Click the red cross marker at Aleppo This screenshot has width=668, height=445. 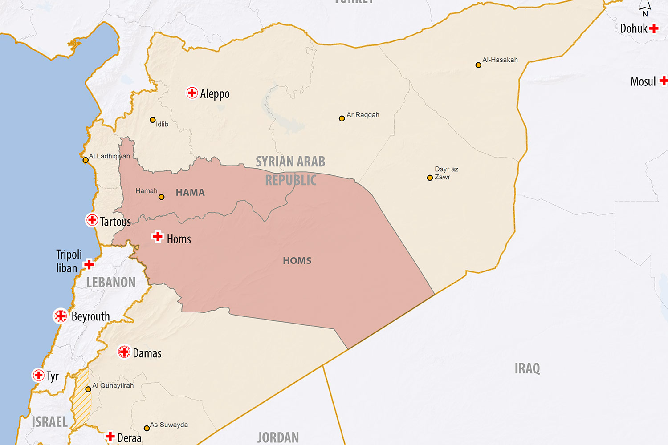click(192, 93)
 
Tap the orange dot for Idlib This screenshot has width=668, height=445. click(153, 120)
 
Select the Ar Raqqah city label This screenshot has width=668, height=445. click(363, 115)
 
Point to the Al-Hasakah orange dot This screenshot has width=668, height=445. click(478, 65)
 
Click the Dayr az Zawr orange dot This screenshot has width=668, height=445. click(430, 178)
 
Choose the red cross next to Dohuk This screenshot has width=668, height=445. click(654, 28)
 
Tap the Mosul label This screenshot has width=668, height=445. click(643, 81)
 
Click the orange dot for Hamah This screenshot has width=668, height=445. click(162, 197)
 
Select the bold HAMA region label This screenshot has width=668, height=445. click(190, 192)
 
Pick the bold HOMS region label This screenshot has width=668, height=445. click(297, 261)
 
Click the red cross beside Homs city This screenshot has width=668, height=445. click(157, 236)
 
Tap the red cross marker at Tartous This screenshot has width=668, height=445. click(92, 220)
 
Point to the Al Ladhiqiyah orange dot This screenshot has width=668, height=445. click(86, 160)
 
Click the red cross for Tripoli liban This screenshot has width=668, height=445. click(89, 264)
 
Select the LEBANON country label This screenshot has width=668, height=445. click(111, 283)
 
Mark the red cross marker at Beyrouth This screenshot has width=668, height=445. click(61, 316)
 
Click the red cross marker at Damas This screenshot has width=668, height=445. click(124, 352)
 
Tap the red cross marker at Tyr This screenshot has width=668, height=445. click(39, 375)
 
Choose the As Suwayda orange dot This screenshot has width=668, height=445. click(147, 428)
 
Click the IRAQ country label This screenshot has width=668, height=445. click(527, 368)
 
